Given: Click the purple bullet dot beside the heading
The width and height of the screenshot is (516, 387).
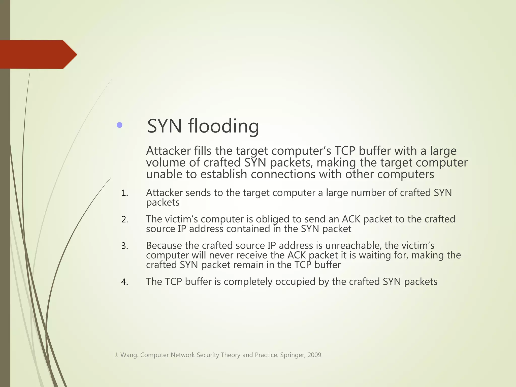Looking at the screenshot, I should (x=120, y=125).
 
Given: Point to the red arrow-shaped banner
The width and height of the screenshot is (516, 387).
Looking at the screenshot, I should (x=38, y=54).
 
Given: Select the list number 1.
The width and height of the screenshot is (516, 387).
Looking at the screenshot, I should (x=124, y=193).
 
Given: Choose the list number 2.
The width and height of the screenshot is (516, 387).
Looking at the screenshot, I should (x=124, y=220).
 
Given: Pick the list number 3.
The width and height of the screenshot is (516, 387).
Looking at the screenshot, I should (x=124, y=246).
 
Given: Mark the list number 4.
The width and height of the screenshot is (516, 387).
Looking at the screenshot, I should (x=124, y=282).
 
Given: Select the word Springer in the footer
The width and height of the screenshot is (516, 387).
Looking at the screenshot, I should (x=292, y=355).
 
